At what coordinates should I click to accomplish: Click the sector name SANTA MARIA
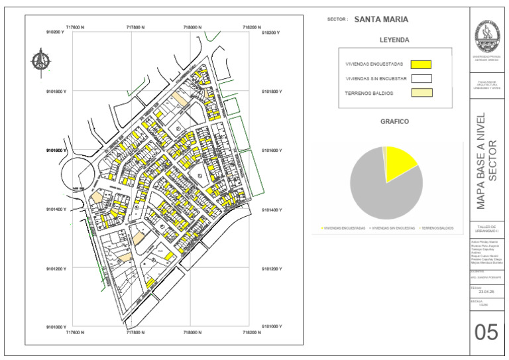(x=381, y=20)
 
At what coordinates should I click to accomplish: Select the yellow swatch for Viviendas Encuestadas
(x=421, y=64)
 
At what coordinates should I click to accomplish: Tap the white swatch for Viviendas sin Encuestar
(x=421, y=78)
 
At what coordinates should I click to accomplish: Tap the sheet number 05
(x=486, y=331)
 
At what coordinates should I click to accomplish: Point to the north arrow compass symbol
(x=40, y=61)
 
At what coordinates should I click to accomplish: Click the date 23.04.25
(x=486, y=291)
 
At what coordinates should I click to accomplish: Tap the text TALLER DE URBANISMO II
(x=486, y=229)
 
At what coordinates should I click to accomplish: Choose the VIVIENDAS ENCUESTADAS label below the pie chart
(x=343, y=227)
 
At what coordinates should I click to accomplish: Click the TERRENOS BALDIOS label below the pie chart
(x=437, y=227)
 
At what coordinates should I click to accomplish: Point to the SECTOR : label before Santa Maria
(x=337, y=20)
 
